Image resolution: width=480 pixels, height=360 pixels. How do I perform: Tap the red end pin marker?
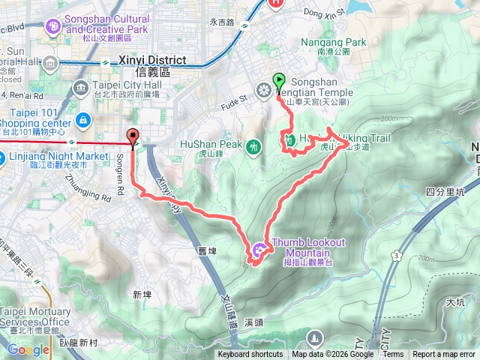click(x=133, y=137)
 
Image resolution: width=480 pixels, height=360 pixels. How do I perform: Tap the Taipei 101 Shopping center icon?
click(x=83, y=119)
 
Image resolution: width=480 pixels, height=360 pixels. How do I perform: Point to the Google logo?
click(x=28, y=349)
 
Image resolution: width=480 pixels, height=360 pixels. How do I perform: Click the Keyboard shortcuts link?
click(x=250, y=355)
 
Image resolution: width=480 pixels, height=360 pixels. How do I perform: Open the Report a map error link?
click(x=444, y=355)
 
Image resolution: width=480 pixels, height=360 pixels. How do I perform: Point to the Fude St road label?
click(x=234, y=99)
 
